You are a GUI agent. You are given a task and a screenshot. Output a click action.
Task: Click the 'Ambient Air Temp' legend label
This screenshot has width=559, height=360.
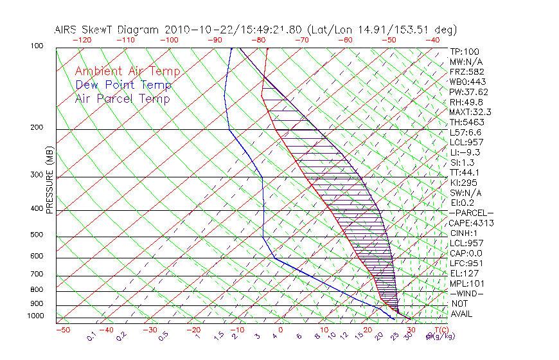pyautogui.click(x=127, y=71)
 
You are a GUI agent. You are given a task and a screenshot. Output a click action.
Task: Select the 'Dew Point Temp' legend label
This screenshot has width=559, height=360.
pyautogui.click(x=123, y=85)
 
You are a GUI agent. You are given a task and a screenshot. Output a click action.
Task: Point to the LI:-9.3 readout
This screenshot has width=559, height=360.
pyautogui.click(x=465, y=152)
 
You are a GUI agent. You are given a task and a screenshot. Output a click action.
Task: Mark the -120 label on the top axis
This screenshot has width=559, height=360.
pyautogui.click(x=82, y=39)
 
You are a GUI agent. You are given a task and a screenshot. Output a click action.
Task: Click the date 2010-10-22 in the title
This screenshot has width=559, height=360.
pyautogui.click(x=190, y=30)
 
